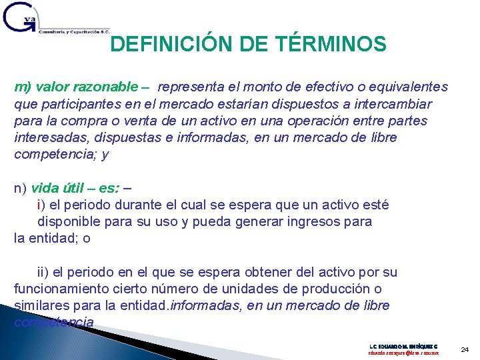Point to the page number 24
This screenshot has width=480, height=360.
(465, 349)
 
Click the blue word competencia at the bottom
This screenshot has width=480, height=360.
(53, 323)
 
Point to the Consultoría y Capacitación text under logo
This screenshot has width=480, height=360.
(73, 31)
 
